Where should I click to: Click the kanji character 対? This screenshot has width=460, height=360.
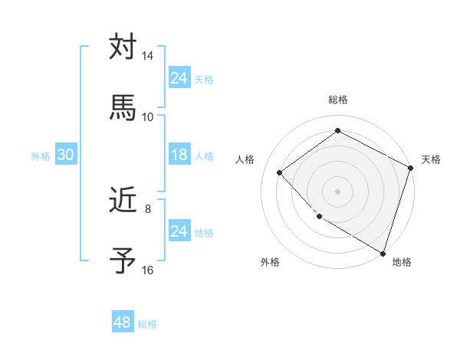123,47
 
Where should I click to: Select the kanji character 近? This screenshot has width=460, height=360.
123,201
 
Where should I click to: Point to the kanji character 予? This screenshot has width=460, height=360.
123,260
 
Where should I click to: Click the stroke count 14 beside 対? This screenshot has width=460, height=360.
148,57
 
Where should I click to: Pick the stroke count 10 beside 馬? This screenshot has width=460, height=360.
148,116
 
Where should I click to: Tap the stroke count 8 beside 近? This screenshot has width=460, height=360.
148,208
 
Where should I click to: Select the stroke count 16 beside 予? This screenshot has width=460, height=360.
148,270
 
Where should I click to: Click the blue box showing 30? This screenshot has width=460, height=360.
65,155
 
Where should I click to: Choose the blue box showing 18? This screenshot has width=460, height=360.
179,155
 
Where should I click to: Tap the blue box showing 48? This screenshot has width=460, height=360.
123,322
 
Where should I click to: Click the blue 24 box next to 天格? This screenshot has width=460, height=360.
179,78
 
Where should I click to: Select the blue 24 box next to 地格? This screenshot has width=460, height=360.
179,231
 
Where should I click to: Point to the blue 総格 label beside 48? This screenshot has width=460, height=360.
147,324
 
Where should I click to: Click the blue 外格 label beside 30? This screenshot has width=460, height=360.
41,155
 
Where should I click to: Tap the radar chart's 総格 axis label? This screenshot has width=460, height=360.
337,100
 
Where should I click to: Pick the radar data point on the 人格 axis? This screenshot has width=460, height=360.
280,172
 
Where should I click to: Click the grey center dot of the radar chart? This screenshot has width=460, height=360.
337,191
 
